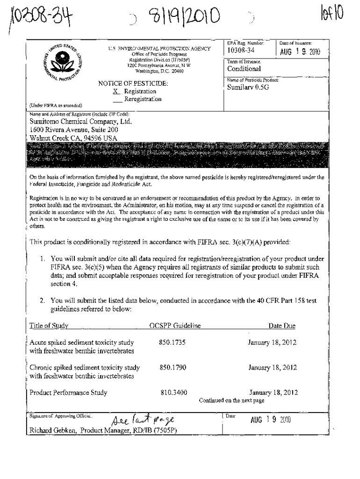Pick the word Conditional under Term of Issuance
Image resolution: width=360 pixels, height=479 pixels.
tap(244, 69)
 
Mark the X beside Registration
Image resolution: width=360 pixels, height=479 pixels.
tap(109, 92)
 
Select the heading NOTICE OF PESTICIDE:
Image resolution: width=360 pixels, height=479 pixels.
tap(132, 84)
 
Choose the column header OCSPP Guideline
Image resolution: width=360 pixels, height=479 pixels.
tap(174, 326)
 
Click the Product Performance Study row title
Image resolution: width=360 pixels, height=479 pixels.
tap(68, 392)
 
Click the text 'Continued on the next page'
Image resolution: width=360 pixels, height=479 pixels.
tap(231, 400)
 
